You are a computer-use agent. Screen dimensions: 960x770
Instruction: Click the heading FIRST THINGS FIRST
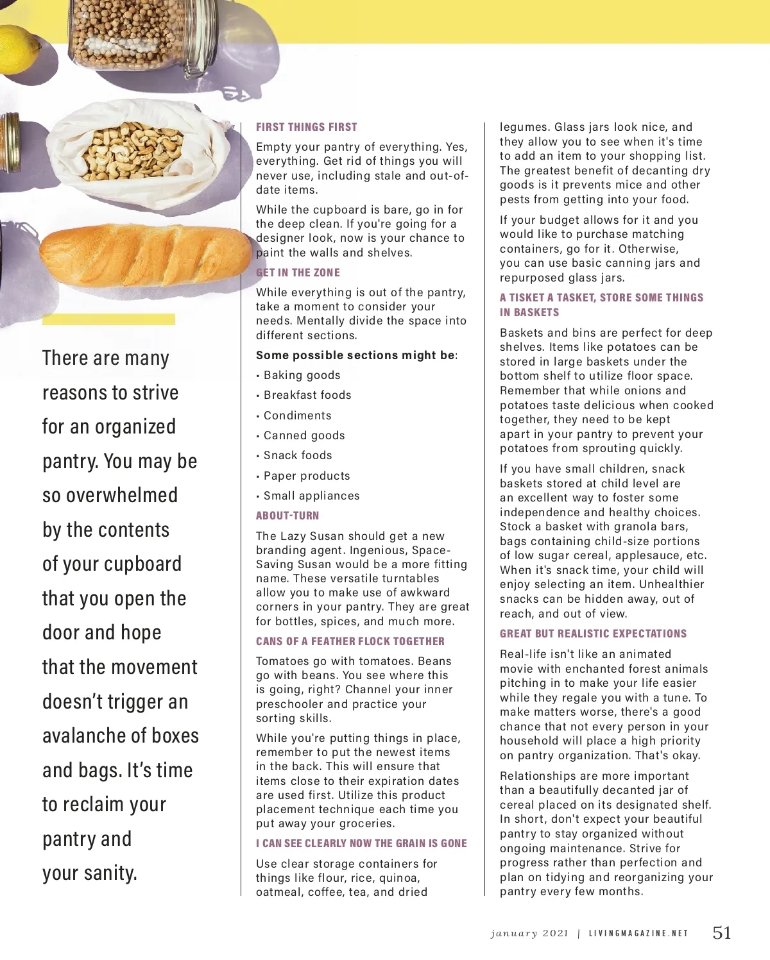point(306,127)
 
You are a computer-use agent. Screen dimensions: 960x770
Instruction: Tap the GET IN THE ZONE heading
point(298,273)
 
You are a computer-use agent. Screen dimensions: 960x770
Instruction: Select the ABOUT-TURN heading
point(287,516)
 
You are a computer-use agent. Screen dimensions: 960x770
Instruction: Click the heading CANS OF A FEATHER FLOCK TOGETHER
point(350,641)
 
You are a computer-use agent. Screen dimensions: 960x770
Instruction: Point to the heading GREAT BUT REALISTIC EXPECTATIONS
point(593,634)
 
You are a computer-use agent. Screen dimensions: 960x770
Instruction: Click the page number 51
point(722,932)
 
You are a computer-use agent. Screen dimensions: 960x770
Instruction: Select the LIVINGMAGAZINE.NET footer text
point(638,934)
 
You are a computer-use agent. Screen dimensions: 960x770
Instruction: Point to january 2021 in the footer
point(529,934)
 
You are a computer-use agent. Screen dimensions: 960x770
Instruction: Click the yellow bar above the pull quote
point(108,319)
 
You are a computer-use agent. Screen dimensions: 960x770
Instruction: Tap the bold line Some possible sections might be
point(356,355)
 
